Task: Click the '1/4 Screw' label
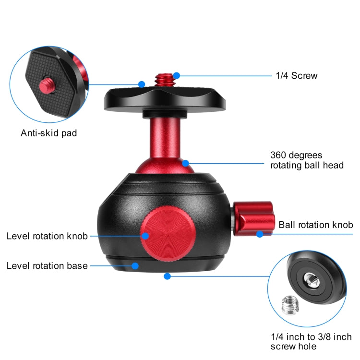pyautogui.click(x=296, y=76)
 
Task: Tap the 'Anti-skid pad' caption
pyautogui.click(x=48, y=133)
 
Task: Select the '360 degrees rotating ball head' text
pyautogui.click(x=307, y=160)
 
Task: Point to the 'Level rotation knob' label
pyautogui.click(x=47, y=236)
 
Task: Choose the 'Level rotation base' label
pyautogui.click(x=47, y=265)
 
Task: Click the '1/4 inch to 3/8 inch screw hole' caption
pyautogui.click(x=317, y=341)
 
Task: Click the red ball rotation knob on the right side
pyautogui.click(x=252, y=219)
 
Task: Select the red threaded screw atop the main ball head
pyautogui.click(x=164, y=79)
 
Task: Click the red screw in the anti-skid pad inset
pyautogui.click(x=48, y=86)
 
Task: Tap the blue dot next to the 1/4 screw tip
pyautogui.click(x=177, y=75)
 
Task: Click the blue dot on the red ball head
pyautogui.click(x=185, y=164)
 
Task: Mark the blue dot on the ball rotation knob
pyautogui.click(x=260, y=234)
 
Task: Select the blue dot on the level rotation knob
pyautogui.click(x=144, y=236)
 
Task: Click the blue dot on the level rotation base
pyautogui.click(x=135, y=265)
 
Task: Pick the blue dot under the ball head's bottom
pyautogui.click(x=167, y=276)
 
